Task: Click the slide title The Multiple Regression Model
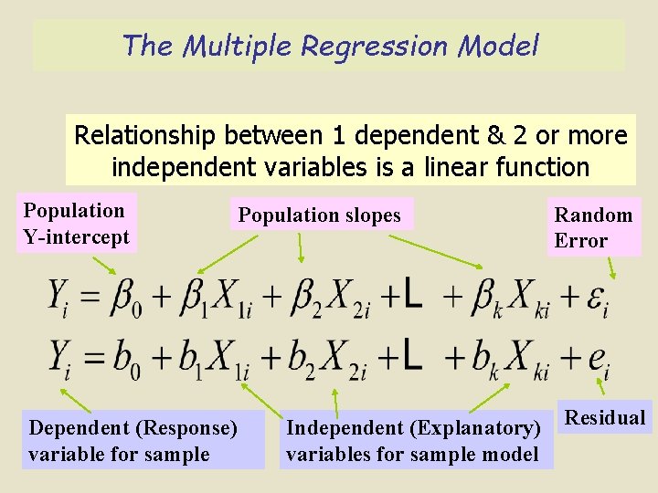pos(330,45)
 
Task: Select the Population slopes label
pos(321,215)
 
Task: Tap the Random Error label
pos(594,228)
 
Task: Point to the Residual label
pos(605,418)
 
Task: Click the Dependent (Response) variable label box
pos(143,441)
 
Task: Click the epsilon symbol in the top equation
pos(595,299)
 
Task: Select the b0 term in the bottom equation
pos(125,357)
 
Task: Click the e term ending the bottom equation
pos(598,359)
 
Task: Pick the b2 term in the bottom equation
pos(305,357)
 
